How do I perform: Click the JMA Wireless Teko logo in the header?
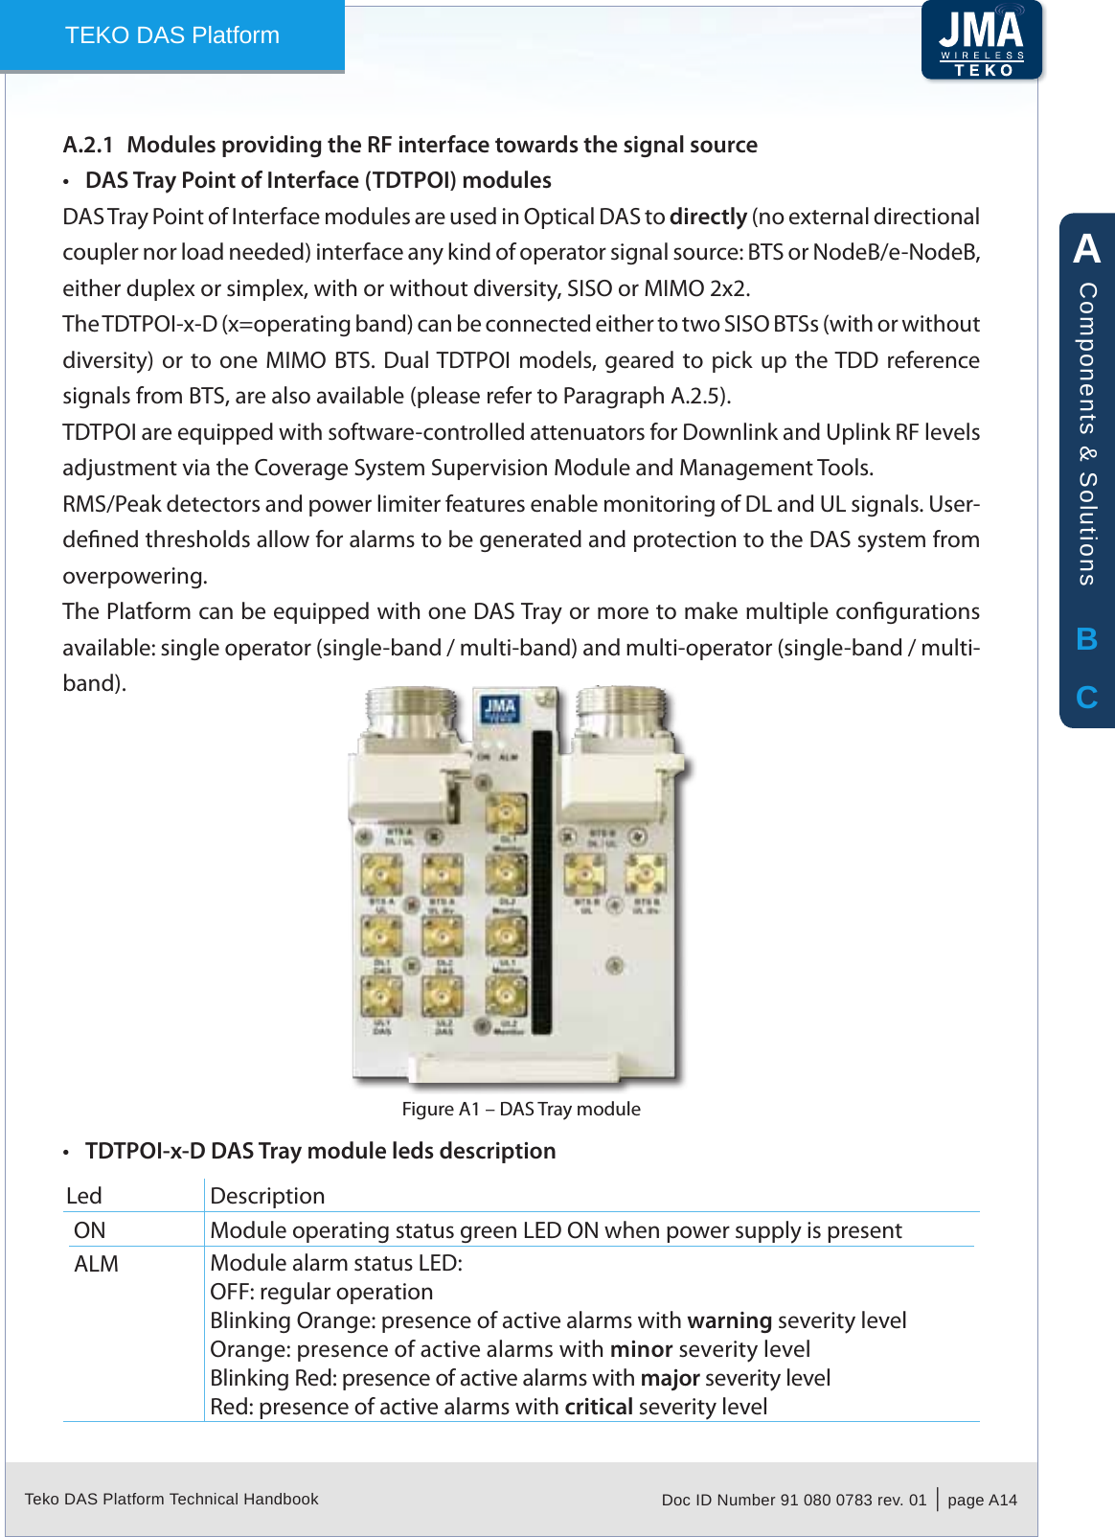(981, 41)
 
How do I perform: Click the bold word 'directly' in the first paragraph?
(708, 217)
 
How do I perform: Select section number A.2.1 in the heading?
(87, 145)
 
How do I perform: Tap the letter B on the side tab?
(1086, 639)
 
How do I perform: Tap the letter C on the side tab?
(1086, 697)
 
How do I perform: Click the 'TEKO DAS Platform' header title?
(172, 35)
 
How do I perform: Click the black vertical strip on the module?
(542, 882)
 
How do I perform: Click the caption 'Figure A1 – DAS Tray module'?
(521, 1109)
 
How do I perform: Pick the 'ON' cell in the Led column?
(90, 1230)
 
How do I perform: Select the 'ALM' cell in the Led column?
(97, 1264)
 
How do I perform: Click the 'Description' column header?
(267, 1196)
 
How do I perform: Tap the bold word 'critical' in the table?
(599, 1407)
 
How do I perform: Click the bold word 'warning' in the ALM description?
(729, 1320)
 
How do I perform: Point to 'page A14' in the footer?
(982, 1500)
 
